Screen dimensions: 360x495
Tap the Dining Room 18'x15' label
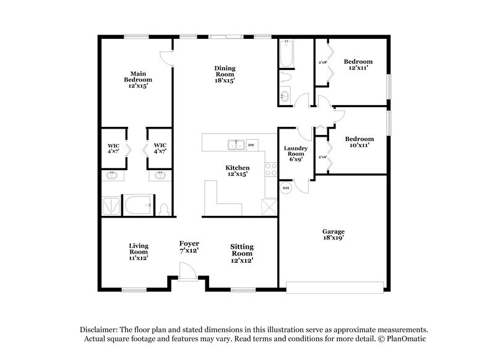click(225, 74)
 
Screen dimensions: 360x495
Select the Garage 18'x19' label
click(333, 234)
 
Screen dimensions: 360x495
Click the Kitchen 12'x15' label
click(237, 171)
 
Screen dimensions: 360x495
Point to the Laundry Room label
click(296, 153)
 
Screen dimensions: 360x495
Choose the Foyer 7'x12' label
click(189, 247)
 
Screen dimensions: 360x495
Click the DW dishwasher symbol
click(251, 145)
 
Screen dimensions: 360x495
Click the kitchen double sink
click(235, 145)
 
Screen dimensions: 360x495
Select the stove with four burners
click(270, 169)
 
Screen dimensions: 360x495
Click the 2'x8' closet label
click(322, 62)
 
